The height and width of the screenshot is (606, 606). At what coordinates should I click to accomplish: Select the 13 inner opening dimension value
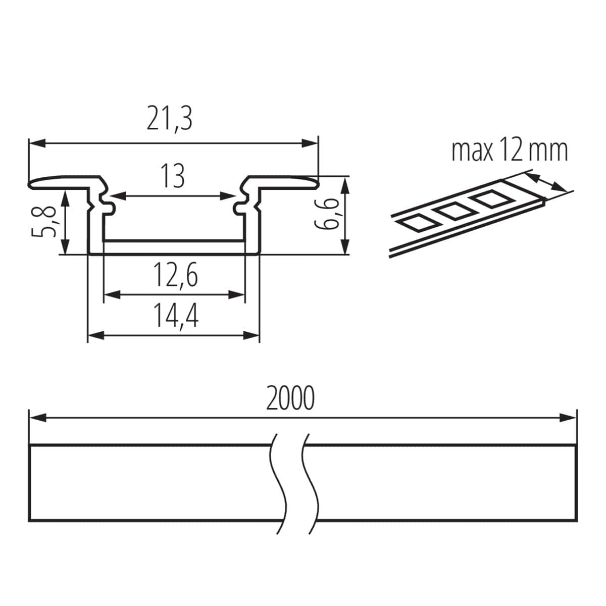[x=173, y=176]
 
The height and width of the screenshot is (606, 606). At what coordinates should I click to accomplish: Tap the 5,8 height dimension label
[x=48, y=221]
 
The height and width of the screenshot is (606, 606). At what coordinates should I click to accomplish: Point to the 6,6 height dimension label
[x=327, y=215]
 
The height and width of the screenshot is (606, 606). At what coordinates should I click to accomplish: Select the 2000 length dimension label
[x=290, y=398]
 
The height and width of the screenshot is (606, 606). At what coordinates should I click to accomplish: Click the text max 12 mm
[x=509, y=150]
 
